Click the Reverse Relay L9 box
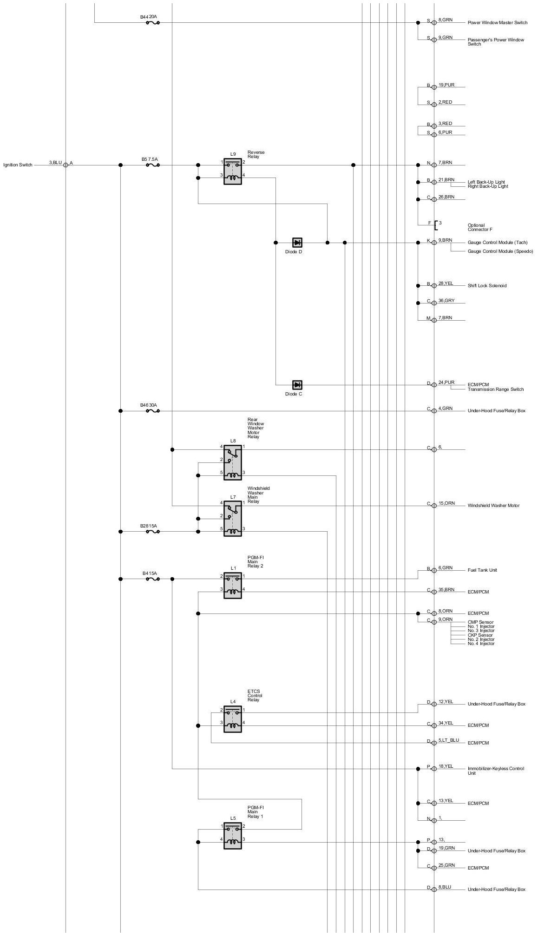click(x=232, y=171)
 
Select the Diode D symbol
click(x=297, y=243)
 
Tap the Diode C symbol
click(x=297, y=385)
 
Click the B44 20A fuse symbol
click(x=153, y=22)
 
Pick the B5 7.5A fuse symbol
click(x=153, y=165)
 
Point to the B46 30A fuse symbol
click(x=153, y=411)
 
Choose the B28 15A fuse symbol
click(x=153, y=532)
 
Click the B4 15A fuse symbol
click(x=153, y=579)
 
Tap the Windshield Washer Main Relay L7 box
click(x=232, y=518)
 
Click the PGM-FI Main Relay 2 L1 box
click(x=232, y=585)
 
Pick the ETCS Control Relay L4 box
click(x=232, y=719)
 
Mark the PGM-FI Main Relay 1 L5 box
click(x=232, y=836)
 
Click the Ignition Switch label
click(x=18, y=165)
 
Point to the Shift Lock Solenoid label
click(x=487, y=286)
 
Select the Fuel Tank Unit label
click(x=482, y=570)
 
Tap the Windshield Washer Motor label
click(x=493, y=506)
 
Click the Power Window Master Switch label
click(x=497, y=23)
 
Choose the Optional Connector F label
click(x=480, y=227)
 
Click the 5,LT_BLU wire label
click(x=448, y=740)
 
